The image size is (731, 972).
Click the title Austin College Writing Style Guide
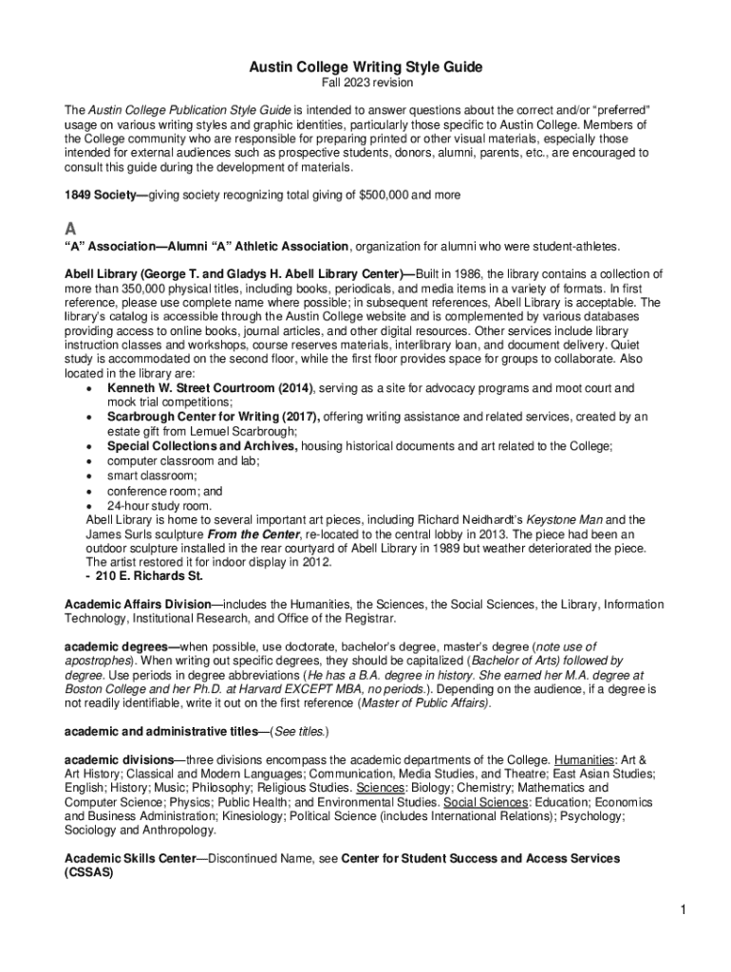pos(365,67)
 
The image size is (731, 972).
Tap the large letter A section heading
pos(69,229)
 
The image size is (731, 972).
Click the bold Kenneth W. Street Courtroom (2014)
pos(210,388)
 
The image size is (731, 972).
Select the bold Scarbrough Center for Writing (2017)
pos(214,417)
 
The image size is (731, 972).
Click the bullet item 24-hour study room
pos(159,506)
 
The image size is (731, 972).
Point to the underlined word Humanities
pos(584,760)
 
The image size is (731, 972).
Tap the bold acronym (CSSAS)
pos(88,872)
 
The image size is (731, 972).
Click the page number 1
pos(682,912)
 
